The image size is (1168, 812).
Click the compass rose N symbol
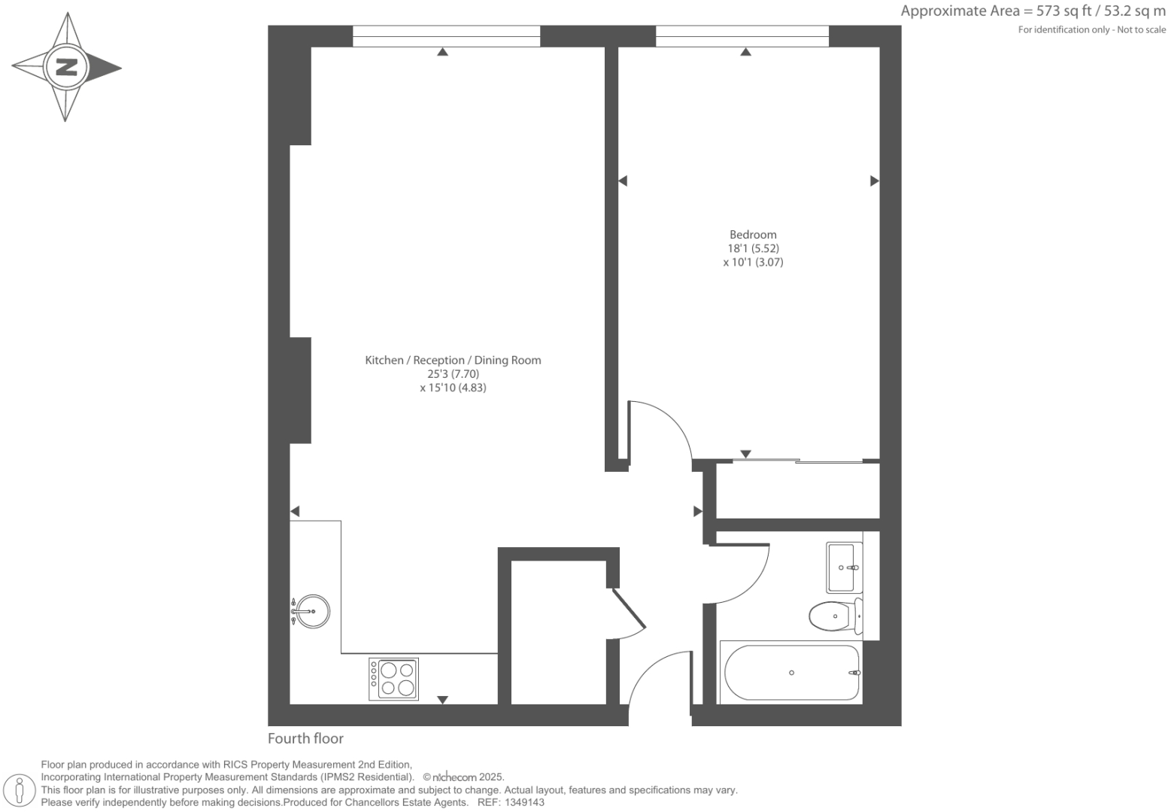pyautogui.click(x=66, y=67)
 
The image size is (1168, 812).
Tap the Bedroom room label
pyautogui.click(x=753, y=234)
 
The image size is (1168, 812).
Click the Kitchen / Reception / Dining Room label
pyautogui.click(x=453, y=360)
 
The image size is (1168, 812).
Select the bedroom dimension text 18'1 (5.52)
pyautogui.click(x=753, y=248)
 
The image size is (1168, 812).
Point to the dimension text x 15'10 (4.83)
pyautogui.click(x=453, y=388)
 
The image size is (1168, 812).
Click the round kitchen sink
pyautogui.click(x=311, y=611)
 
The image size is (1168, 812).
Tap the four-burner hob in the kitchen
pyautogui.click(x=393, y=679)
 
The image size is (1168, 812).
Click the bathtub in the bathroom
pyautogui.click(x=791, y=672)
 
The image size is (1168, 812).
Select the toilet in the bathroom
pyautogui.click(x=835, y=616)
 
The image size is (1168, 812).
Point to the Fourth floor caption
pyautogui.click(x=305, y=738)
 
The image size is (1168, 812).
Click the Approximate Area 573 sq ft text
pyautogui.click(x=1033, y=11)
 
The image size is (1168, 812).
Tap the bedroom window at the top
pyautogui.click(x=742, y=36)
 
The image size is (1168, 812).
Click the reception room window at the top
pyautogui.click(x=446, y=36)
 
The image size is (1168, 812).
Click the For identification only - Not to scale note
pyautogui.click(x=1091, y=29)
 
